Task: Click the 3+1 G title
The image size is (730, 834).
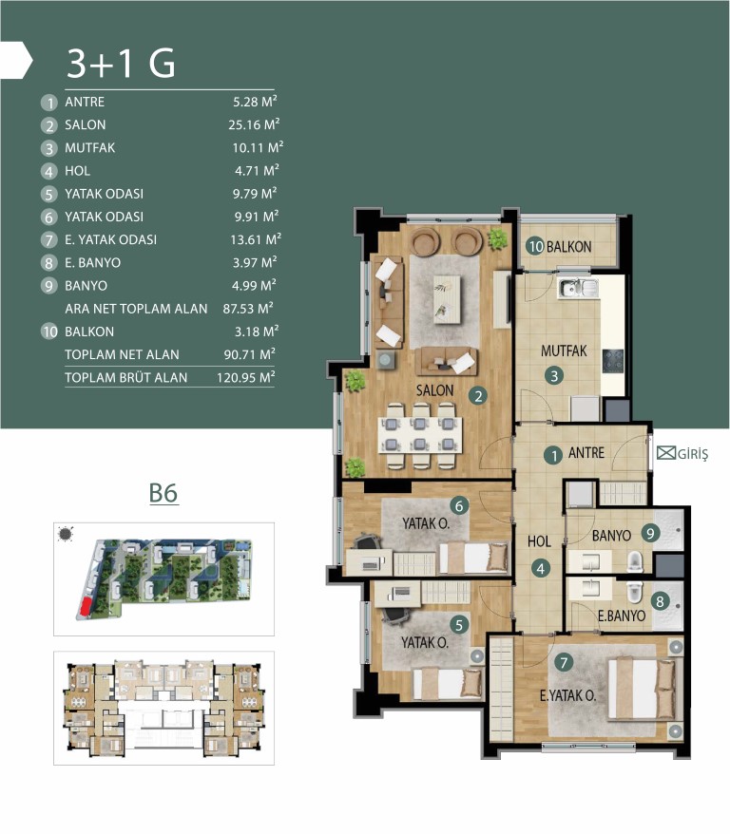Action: pyautogui.click(x=121, y=64)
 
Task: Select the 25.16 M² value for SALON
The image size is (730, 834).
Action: pyautogui.click(x=254, y=124)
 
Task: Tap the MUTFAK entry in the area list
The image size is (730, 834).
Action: pyautogui.click(x=90, y=148)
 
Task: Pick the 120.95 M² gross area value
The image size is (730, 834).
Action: pyautogui.click(x=246, y=378)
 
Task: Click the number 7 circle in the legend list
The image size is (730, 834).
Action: pyautogui.click(x=48, y=240)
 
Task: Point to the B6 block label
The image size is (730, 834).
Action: pyautogui.click(x=163, y=493)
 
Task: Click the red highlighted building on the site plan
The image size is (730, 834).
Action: pyautogui.click(x=84, y=608)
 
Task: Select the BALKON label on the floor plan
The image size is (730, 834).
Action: pyautogui.click(x=568, y=247)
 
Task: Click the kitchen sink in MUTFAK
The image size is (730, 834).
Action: pyautogui.click(x=578, y=287)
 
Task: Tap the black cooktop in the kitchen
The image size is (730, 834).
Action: pyautogui.click(x=613, y=361)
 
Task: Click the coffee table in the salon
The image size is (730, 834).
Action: pyautogui.click(x=447, y=299)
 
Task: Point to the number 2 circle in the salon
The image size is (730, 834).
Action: pyautogui.click(x=478, y=396)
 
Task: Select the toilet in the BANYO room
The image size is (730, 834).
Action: pyautogui.click(x=635, y=561)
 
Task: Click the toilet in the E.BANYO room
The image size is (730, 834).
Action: pyautogui.click(x=635, y=591)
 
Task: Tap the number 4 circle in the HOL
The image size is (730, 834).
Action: pyautogui.click(x=541, y=569)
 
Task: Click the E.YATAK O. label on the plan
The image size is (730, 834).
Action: pyautogui.click(x=567, y=695)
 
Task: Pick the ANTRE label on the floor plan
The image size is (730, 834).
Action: pyautogui.click(x=586, y=453)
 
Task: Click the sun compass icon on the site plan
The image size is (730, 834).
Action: pyautogui.click(x=66, y=534)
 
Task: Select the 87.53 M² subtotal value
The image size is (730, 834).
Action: pyautogui.click(x=248, y=309)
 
